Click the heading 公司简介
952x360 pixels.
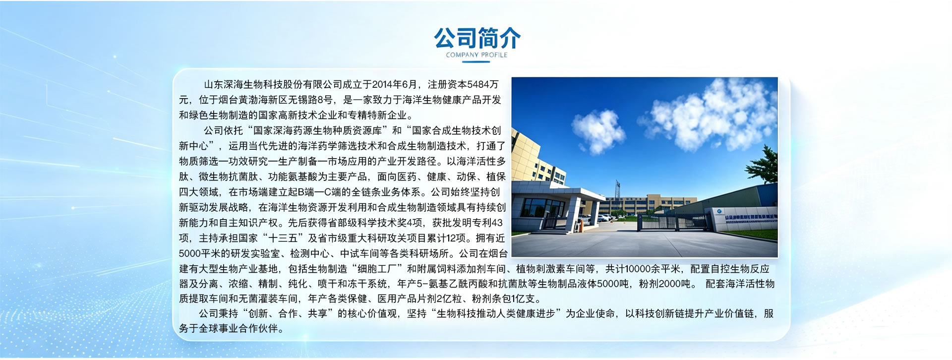click(477, 38)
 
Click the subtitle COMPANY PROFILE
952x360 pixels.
click(476, 55)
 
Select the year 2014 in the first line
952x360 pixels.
click(382, 85)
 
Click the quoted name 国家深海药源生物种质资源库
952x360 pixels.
click(317, 131)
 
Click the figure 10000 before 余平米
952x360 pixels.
click(637, 269)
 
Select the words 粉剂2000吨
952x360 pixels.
click(664, 284)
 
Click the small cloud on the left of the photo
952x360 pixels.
click(598, 130)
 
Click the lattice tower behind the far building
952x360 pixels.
click(617, 188)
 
